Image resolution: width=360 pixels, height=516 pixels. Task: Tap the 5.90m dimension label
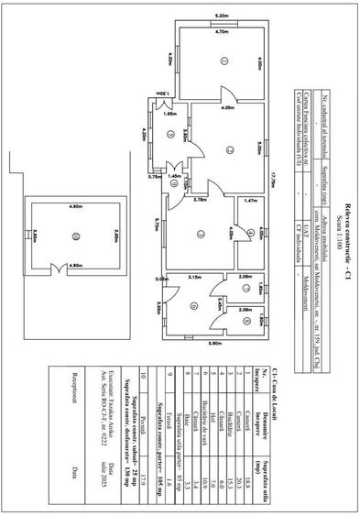216,343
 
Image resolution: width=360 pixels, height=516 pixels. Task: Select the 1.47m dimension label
249,199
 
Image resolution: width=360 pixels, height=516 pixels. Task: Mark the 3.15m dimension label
194,276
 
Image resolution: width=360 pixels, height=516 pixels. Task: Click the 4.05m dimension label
226,107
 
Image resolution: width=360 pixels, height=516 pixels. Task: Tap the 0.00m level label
164,278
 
